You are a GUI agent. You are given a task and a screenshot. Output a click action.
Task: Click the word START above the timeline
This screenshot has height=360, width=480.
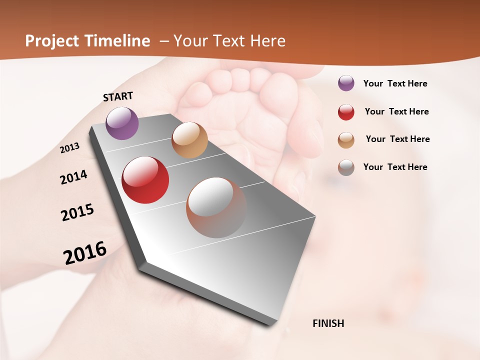click(x=118, y=96)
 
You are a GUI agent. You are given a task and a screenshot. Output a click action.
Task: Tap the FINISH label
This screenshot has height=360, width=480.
click(x=328, y=323)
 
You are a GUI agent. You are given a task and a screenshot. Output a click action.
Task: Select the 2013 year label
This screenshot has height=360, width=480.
click(x=69, y=148)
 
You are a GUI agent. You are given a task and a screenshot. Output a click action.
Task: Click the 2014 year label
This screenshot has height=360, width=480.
click(x=73, y=177)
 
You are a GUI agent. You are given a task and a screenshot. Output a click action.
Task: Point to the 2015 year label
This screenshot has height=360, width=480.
click(x=77, y=212)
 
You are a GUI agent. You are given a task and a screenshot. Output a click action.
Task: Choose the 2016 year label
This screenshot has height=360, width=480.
click(x=85, y=253)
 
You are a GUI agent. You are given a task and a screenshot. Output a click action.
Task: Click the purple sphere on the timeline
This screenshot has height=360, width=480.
click(x=122, y=123)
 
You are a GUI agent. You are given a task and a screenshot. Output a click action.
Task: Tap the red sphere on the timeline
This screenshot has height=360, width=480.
click(x=145, y=180)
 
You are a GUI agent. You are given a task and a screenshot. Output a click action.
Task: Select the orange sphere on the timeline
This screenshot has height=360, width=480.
click(x=189, y=140)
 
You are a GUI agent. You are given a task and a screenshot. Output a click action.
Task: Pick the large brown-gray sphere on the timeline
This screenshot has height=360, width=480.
click(x=216, y=207)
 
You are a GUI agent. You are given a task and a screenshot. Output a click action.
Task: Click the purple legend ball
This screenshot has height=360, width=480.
click(x=346, y=83)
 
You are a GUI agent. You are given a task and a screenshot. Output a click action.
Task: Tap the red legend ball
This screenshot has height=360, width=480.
click(x=346, y=112)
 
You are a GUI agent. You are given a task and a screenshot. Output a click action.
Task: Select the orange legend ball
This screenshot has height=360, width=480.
click(x=346, y=140)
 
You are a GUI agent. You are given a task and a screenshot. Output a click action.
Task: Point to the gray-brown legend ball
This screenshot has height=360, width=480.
click(x=346, y=167)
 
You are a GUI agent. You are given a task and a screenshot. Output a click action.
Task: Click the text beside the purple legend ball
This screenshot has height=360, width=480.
click(x=395, y=84)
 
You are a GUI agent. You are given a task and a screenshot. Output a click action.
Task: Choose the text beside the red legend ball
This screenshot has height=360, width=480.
click(x=396, y=112)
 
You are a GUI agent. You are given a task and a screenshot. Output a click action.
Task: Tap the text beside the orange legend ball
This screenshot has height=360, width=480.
click(x=397, y=139)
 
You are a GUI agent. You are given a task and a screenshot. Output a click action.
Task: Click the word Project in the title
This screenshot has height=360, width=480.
click(x=52, y=41)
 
